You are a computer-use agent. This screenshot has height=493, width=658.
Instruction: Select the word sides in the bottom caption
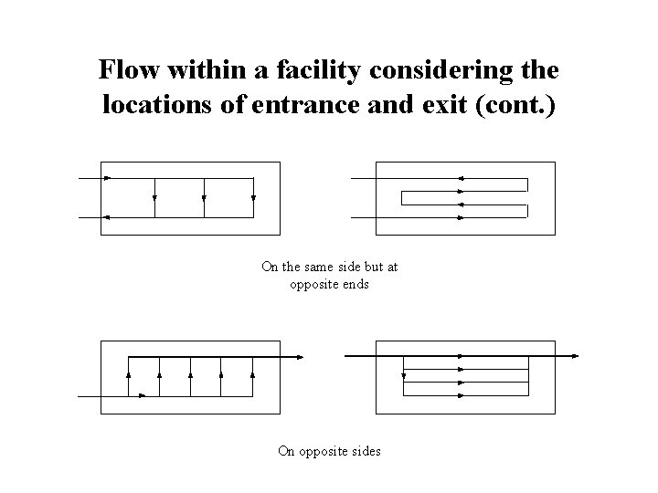pos(364,450)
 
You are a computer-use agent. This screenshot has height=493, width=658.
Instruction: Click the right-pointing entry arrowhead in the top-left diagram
pos(108,178)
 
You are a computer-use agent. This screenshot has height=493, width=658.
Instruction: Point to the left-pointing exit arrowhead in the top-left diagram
pos(107,217)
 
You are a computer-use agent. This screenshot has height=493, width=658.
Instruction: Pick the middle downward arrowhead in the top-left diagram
pos(204,196)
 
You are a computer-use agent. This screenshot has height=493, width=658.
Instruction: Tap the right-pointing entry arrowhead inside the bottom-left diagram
pos(143,395)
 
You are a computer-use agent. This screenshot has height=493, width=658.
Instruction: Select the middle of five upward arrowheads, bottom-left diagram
pos(190,374)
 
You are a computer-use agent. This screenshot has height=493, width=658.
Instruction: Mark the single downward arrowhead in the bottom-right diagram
pos(404,374)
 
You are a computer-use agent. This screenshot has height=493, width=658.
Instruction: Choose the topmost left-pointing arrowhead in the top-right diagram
pos(461,178)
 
